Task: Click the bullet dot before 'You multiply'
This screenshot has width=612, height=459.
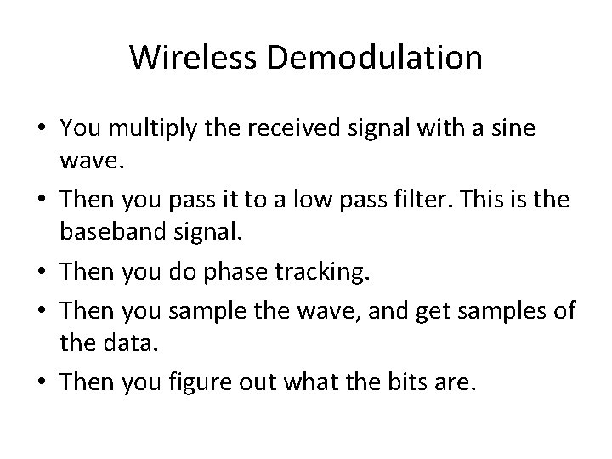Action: click(42, 129)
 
